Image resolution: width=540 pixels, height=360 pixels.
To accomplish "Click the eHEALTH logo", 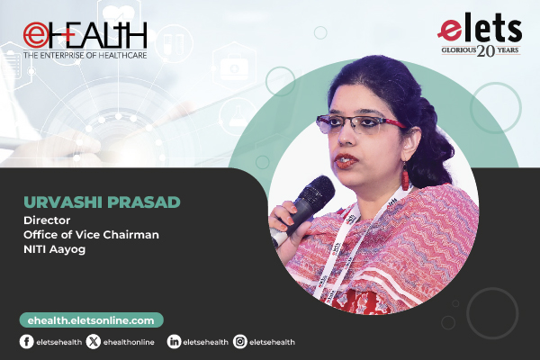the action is tap(85, 40).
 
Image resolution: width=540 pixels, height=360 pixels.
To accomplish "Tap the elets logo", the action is tap(480, 34).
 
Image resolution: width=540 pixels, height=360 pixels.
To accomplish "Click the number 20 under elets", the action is tap(486, 51).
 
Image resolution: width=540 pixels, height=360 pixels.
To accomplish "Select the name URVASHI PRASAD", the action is tap(102, 202).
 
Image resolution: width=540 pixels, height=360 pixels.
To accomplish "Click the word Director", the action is tap(47, 220).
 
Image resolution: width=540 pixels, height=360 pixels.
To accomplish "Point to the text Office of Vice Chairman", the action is tap(91, 235).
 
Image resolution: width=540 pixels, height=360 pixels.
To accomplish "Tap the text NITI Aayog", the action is tap(54, 249).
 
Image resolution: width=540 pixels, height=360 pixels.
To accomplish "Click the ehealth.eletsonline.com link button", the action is tap(91, 320).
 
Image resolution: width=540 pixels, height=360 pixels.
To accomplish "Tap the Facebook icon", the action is tap(26, 342).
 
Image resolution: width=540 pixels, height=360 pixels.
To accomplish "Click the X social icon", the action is tap(94, 342).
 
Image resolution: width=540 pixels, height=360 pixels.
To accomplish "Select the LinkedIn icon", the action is tap(174, 342).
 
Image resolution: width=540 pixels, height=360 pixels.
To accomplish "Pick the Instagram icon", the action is tap(240, 342).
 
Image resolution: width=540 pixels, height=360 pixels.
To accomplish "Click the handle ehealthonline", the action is tap(129, 342).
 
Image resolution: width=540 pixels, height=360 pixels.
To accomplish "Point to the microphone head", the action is tap(315, 192).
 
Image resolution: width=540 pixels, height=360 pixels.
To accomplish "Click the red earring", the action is tap(405, 177).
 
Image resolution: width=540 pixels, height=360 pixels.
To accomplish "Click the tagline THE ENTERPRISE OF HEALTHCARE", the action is tap(85, 55).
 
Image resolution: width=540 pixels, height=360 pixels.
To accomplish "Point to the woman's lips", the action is tap(346, 161).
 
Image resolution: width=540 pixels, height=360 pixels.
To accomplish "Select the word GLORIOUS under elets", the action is tap(459, 50).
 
